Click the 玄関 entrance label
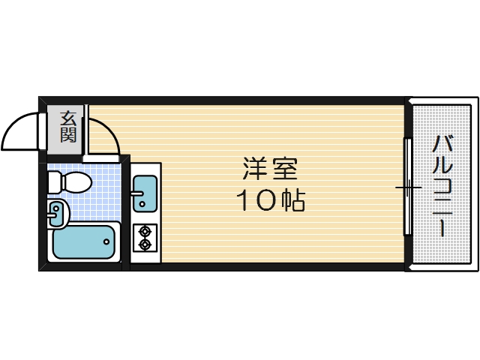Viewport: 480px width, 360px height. tap(68, 126)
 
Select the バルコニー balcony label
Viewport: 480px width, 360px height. tap(442, 184)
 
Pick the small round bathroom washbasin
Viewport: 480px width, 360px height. tap(57, 214)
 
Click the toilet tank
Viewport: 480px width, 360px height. tap(53, 181)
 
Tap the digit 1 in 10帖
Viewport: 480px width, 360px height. tap(245, 200)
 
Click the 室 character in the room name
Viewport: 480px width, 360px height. tap(285, 169)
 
